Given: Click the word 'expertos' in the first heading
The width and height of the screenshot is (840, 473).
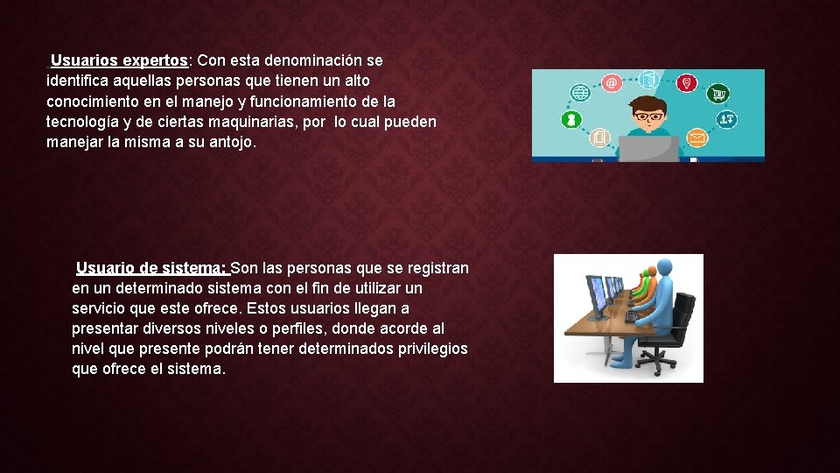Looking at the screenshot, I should click(x=155, y=61).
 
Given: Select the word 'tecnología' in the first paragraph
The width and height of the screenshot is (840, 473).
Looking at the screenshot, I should click(x=84, y=122).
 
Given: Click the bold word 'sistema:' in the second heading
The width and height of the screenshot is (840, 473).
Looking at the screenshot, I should click(x=197, y=268).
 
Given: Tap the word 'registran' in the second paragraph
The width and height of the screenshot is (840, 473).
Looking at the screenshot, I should click(x=437, y=268).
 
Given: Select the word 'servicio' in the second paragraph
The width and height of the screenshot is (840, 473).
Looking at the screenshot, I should click(x=99, y=308).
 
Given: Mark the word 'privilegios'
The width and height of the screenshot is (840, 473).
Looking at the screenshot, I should click(x=426, y=349).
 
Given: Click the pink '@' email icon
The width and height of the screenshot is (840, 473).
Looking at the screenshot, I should click(x=612, y=83).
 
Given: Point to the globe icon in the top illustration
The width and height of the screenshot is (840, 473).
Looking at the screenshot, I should click(x=579, y=92).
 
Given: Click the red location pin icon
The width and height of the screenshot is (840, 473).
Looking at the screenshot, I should click(x=689, y=82).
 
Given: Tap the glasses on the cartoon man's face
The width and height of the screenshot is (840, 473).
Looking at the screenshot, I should click(x=649, y=116).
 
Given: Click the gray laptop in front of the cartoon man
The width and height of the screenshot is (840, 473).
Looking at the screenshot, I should click(x=649, y=149).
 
